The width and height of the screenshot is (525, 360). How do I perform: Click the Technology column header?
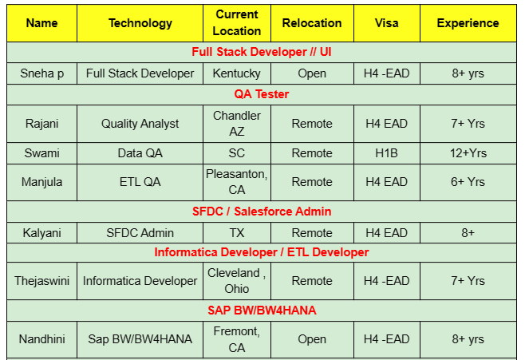[140, 23]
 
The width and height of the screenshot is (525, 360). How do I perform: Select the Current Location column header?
[237, 23]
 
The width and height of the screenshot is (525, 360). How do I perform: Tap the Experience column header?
[468, 23]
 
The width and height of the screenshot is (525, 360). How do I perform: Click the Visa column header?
[386, 23]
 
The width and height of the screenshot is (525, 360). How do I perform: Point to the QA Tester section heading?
[262, 94]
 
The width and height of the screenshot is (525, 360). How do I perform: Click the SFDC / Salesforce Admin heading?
[262, 212]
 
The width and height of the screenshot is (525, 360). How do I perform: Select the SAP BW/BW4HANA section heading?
[262, 309]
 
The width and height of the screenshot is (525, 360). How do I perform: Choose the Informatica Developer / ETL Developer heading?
[262, 252]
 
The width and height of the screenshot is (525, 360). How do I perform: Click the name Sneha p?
[42, 73]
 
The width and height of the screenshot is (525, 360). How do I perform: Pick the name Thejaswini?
[42, 281]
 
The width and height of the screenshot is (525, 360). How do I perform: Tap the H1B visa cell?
[386, 152]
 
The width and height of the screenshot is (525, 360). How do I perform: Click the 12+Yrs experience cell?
[468, 152]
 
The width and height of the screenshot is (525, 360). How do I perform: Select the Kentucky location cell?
[237, 73]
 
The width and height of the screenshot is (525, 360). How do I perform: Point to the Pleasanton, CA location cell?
[237, 182]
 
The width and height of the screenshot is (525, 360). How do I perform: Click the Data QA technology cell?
[140, 152]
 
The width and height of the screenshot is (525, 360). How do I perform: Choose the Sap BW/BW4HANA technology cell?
[140, 339]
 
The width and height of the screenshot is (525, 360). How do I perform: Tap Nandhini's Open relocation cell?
[312, 339]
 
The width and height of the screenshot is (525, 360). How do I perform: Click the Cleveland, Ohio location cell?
[237, 281]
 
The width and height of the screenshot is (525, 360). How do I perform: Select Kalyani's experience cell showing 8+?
[468, 233]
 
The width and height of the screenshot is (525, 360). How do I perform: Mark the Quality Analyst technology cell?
[140, 124]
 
